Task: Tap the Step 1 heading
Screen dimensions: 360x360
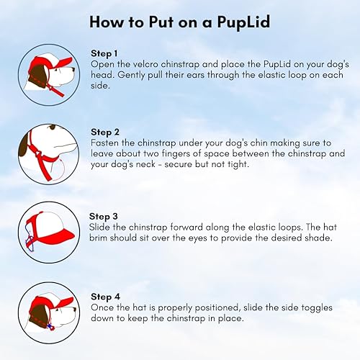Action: pyautogui.click(x=106, y=53)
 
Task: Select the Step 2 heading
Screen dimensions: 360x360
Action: pyautogui.click(x=107, y=132)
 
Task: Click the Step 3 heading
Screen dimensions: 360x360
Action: pyautogui.click(x=105, y=215)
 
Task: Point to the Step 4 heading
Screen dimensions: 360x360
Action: pyautogui.click(x=106, y=295)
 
